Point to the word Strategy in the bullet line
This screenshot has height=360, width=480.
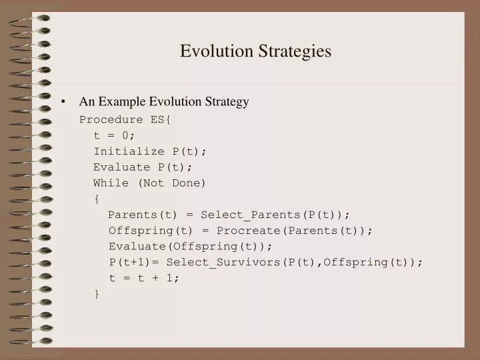(223, 102)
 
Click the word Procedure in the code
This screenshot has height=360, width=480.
(111, 120)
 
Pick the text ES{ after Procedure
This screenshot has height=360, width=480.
(161, 120)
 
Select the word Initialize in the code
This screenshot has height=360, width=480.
(129, 151)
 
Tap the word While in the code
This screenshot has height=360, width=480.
(111, 183)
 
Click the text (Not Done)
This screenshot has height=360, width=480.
(172, 183)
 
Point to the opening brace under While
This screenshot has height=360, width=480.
(97, 199)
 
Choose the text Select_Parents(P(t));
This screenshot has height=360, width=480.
(275, 215)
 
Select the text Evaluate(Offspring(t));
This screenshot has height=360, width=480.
(181, 246)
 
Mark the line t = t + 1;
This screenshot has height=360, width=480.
(145, 278)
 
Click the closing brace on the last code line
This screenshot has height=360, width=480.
(97, 293)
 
